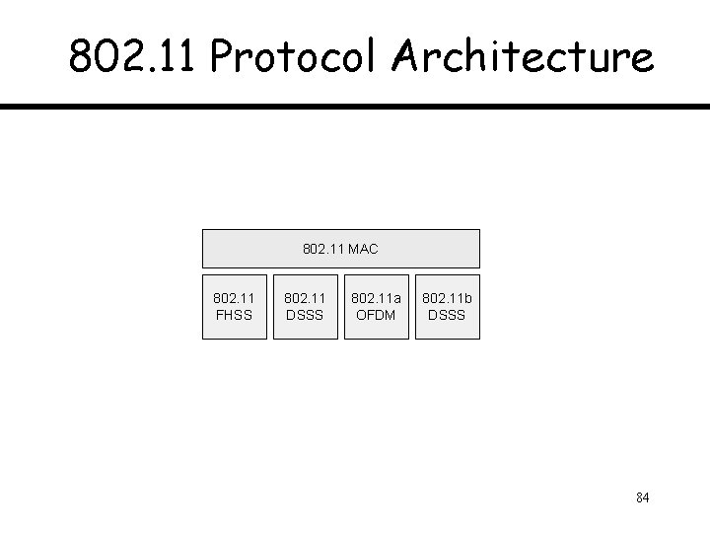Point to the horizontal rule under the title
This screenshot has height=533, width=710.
[x=355, y=106]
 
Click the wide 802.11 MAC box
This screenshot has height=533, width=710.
[x=341, y=249]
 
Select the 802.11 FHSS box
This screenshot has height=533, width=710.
[x=235, y=306]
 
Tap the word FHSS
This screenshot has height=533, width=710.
[x=235, y=316]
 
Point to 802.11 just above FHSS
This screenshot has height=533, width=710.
[x=235, y=297]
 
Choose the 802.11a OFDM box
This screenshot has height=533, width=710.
[x=376, y=306]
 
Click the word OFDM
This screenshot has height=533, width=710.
[x=376, y=316]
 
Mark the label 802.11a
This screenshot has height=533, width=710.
[x=376, y=297]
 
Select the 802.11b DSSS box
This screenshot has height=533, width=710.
[x=448, y=306]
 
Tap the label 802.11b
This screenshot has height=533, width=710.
[x=448, y=297]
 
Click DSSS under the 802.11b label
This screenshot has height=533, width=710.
[x=448, y=316]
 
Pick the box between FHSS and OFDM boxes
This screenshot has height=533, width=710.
[x=305, y=306]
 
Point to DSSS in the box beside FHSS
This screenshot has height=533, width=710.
[x=305, y=316]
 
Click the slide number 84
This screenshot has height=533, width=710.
[x=643, y=496]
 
